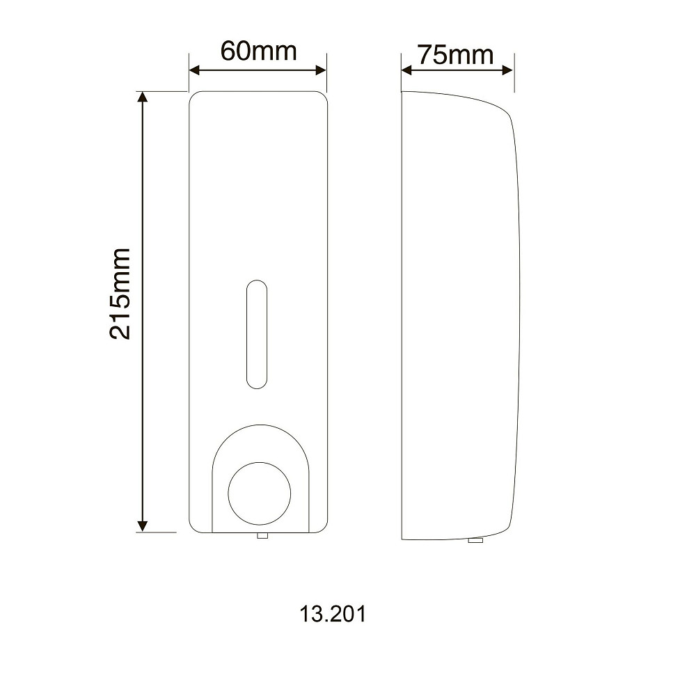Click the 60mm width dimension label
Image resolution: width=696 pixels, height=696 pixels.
[x=258, y=51]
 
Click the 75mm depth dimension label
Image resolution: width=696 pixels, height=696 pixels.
[x=455, y=55]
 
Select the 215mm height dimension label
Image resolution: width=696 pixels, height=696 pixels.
[x=120, y=294]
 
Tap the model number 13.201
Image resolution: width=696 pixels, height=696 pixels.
[x=333, y=614]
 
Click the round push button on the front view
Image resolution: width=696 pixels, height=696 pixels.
[x=259, y=493]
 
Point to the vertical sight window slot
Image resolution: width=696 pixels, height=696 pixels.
[x=257, y=334]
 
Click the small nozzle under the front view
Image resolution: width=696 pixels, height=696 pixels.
[x=262, y=536]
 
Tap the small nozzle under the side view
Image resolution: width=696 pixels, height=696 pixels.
[x=476, y=541]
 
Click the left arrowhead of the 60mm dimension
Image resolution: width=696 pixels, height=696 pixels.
[x=194, y=70]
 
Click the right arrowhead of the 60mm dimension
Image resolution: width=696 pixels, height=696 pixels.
[x=321, y=70]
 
